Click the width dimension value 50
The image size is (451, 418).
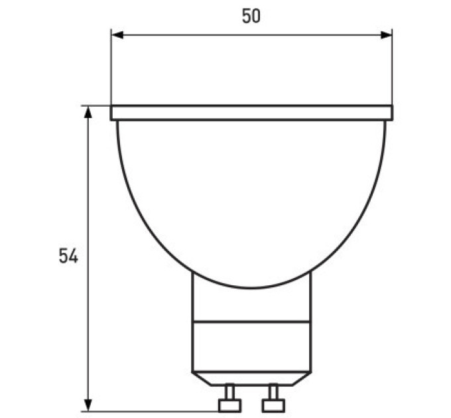point(251,16)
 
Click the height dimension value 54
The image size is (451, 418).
point(68,255)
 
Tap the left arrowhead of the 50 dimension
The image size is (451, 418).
point(117,35)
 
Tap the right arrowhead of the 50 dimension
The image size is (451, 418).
point(386,35)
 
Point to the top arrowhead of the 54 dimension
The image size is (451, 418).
point(88,112)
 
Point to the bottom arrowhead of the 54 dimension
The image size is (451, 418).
point(88,405)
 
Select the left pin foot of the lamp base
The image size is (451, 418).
point(229,405)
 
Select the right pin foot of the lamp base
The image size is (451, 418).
point(273,405)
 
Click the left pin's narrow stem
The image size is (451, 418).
point(229,392)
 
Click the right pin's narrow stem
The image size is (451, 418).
point(273,392)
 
